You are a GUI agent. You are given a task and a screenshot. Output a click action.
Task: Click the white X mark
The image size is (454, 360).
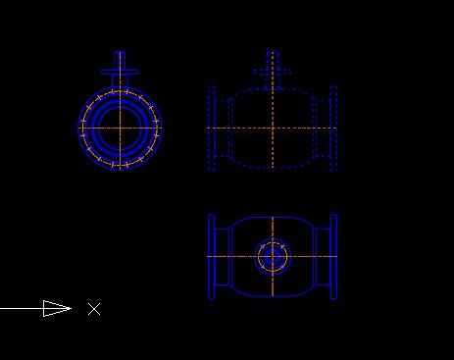[94, 309]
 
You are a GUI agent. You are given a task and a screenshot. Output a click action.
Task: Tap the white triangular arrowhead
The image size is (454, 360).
[57, 308]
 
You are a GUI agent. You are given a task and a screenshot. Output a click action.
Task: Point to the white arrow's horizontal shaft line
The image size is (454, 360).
[22, 308]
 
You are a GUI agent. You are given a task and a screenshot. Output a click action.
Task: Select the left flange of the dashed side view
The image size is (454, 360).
[212, 129]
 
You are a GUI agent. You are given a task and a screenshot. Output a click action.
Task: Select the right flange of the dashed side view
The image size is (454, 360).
[333, 129]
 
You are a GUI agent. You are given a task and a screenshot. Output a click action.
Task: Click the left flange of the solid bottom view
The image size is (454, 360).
[212, 257]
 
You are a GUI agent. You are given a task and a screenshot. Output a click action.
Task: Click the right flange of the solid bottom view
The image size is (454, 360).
[333, 257]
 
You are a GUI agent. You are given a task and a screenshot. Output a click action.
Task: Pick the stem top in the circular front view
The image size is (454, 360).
[120, 60]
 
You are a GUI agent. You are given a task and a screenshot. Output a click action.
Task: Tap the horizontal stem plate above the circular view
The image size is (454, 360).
[120, 72]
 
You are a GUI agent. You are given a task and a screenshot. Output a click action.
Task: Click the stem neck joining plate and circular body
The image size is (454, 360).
[120, 81]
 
